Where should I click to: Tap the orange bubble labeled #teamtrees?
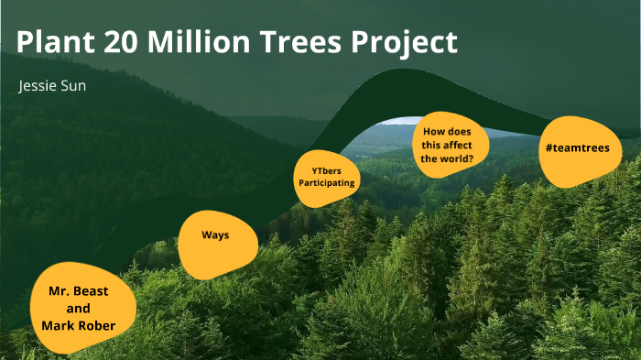(x=576, y=149)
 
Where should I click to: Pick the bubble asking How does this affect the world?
(x=449, y=145)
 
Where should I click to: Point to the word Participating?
(x=327, y=183)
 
